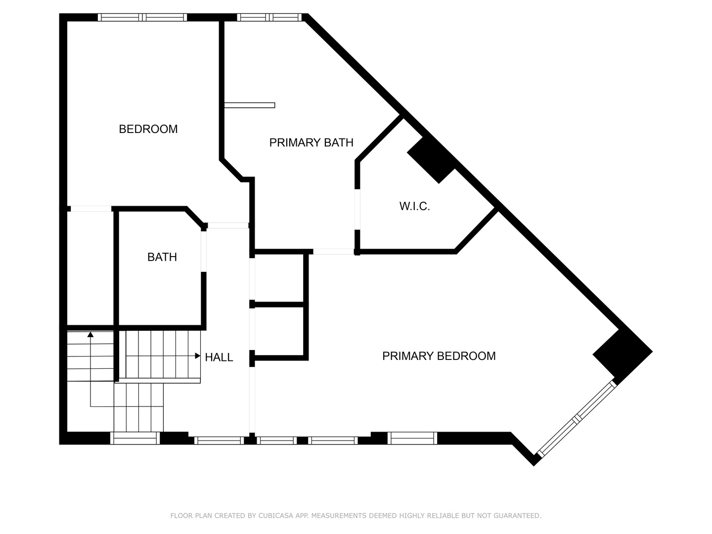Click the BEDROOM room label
148,129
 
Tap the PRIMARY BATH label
311,143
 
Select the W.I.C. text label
414,206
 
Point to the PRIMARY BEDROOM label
439,356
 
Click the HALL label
219,357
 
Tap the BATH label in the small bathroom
162,257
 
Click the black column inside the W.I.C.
432,160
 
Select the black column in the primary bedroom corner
623,356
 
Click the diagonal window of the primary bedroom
577,419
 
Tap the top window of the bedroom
142,17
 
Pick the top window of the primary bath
269,17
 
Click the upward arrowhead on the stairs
90,334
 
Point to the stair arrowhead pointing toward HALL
198,356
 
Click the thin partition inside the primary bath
250,105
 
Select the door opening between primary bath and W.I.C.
357,210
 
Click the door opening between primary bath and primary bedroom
333,252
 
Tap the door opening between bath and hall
204,251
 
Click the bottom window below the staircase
135,438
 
